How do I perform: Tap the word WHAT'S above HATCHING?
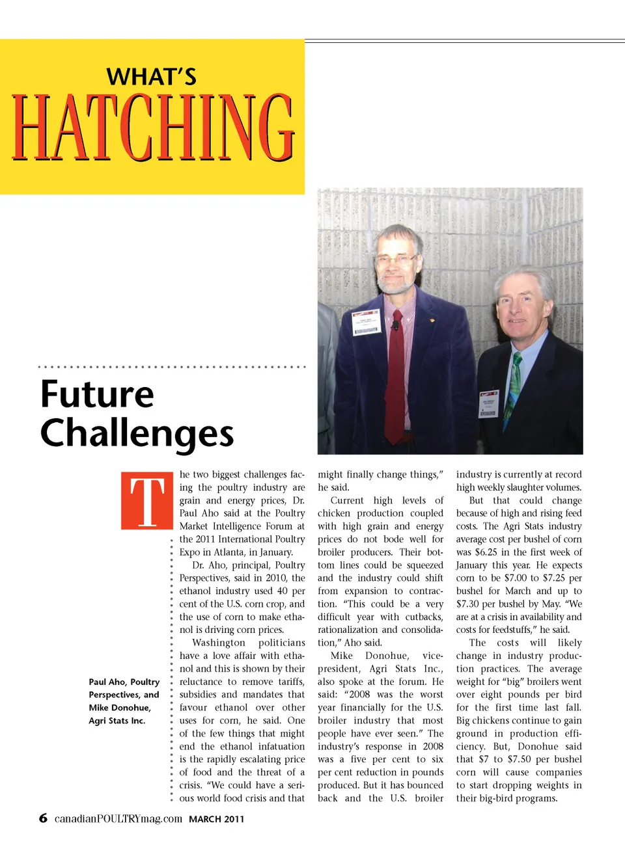tap(152, 77)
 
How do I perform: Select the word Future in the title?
tap(97, 394)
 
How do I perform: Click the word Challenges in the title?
tap(137, 433)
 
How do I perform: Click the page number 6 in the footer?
tap(43, 818)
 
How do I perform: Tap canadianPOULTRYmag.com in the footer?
tap(118, 818)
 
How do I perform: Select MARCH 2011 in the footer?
tap(216, 819)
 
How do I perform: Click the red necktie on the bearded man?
tap(395, 377)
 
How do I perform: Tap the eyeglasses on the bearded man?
tap(395, 260)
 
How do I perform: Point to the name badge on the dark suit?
tap(488, 404)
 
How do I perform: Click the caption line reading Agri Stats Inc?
tap(117, 721)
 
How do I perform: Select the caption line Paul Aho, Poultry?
tap(124, 682)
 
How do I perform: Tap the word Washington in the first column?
tap(219, 643)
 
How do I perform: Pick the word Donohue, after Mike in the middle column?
tap(387, 656)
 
